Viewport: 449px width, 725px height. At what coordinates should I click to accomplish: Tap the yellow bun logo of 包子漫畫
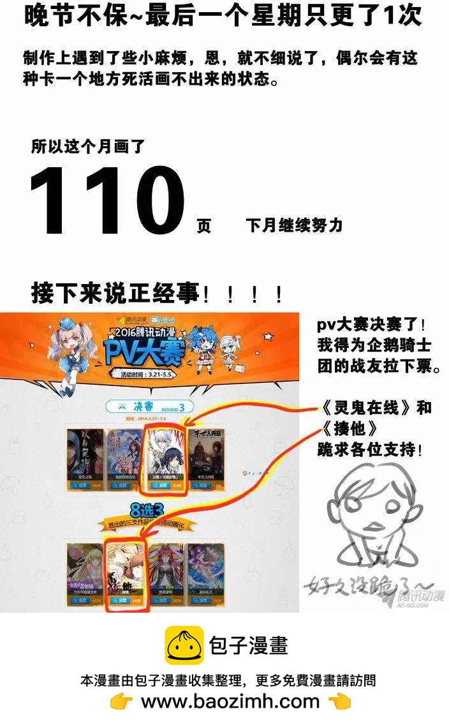(184, 645)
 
